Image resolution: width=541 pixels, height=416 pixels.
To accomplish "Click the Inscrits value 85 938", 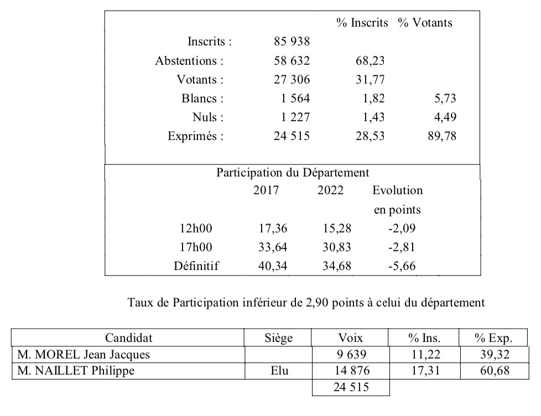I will [x=292, y=41].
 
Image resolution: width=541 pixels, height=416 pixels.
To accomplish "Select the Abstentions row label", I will [x=189, y=60].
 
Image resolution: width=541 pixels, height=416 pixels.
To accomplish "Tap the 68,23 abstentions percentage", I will [x=370, y=60].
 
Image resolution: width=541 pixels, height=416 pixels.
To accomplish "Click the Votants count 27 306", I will [x=292, y=80].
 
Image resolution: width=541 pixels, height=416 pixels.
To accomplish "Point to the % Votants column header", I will [x=424, y=23].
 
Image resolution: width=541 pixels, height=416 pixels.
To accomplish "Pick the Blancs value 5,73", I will [x=445, y=99].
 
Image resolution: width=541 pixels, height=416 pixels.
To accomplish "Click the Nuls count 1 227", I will [x=292, y=117].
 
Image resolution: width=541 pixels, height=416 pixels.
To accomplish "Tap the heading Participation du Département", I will [x=293, y=172].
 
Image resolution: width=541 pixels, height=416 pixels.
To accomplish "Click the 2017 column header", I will [x=266, y=191].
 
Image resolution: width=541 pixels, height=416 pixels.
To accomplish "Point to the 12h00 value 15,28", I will [x=337, y=228].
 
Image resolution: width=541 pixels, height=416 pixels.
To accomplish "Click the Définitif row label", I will [x=196, y=266].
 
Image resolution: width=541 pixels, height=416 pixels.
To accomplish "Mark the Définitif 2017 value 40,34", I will [x=273, y=266].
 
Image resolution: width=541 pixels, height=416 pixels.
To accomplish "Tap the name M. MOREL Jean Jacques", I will [x=84, y=355].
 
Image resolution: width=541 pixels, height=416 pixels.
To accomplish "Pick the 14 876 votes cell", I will [x=351, y=371].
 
